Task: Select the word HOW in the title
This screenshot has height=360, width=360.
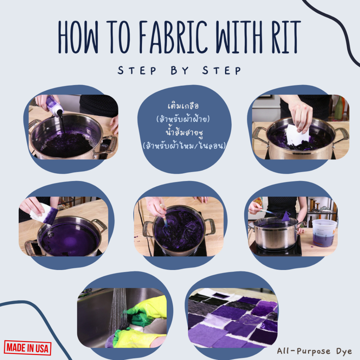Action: tap(78, 37)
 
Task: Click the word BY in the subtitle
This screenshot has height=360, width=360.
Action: tap(180, 70)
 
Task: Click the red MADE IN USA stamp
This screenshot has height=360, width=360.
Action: tap(27, 348)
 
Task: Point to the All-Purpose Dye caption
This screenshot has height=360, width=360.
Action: tap(314, 351)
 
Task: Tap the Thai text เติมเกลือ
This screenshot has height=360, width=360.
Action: tap(183, 106)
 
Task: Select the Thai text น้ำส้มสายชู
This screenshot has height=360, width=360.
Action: tap(184, 133)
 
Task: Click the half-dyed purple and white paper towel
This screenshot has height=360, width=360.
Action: tap(44, 213)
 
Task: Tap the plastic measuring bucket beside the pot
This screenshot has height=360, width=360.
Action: tap(324, 233)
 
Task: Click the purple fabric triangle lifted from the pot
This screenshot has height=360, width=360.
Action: tap(285, 217)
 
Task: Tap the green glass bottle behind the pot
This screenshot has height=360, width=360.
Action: tap(339, 108)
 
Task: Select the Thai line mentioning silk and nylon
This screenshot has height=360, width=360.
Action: tap(184, 146)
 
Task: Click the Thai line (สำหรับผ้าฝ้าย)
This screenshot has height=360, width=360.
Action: tap(183, 119)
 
